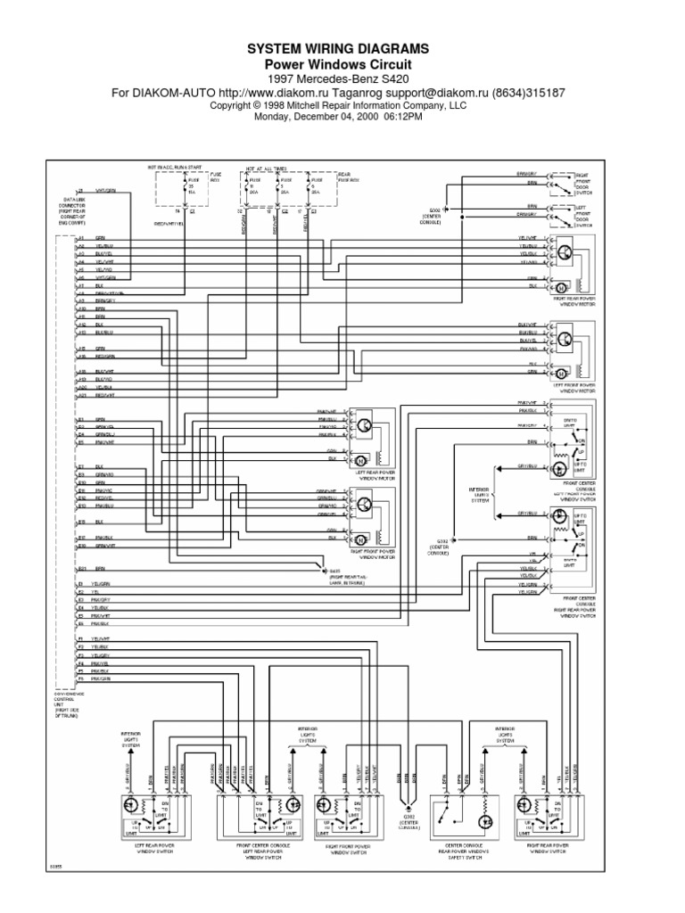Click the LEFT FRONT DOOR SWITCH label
pos(583,219)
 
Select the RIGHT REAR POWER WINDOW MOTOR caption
pos(574,300)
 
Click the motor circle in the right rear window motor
pos(560,288)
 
